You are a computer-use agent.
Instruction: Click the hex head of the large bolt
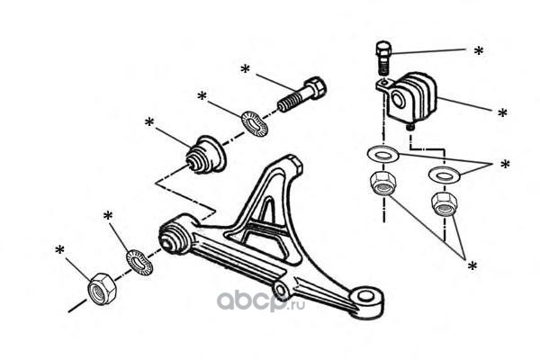click(x=314, y=88)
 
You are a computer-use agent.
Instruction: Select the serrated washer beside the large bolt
click(x=254, y=122)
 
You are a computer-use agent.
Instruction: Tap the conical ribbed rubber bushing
click(x=205, y=154)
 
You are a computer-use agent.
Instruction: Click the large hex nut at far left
click(x=103, y=289)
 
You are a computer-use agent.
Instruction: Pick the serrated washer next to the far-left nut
click(x=139, y=263)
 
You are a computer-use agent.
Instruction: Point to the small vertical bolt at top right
click(x=382, y=58)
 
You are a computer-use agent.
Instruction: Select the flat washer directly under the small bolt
click(x=382, y=153)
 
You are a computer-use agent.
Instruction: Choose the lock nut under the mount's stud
click(x=445, y=203)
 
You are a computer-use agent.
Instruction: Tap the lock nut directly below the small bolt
click(x=382, y=184)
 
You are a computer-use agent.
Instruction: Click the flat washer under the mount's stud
click(x=445, y=174)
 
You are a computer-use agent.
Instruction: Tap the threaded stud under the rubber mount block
click(x=410, y=127)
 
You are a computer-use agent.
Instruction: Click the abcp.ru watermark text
click(x=261, y=301)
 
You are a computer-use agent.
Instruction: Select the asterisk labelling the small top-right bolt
click(x=479, y=51)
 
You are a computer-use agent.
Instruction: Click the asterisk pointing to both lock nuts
click(x=472, y=265)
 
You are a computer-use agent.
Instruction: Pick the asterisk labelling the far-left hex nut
click(x=60, y=250)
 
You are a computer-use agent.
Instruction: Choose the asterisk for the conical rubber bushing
click(x=149, y=121)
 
